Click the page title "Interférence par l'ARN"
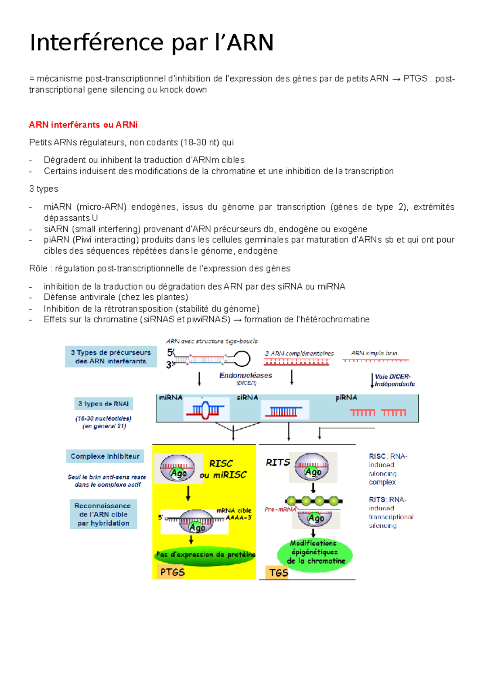pyautogui.click(x=152, y=43)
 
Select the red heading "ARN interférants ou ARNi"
pyautogui.click(x=83, y=125)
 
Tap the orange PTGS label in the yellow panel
pyautogui.click(x=172, y=572)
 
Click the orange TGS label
pyautogui.click(x=279, y=572)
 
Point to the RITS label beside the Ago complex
pyautogui.click(x=277, y=462)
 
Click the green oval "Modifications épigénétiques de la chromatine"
pyautogui.click(x=315, y=553)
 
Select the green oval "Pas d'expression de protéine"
pyautogui.click(x=205, y=555)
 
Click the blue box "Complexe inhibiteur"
pyautogui.click(x=105, y=456)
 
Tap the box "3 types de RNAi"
pyautogui.click(x=103, y=404)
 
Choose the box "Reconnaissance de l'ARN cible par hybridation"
pyautogui.click(x=103, y=514)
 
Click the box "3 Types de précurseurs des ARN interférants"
pyautogui.click(x=111, y=357)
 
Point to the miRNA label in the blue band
pyautogui.click(x=171, y=397)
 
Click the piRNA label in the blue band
pyautogui.click(x=346, y=398)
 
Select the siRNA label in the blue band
pyautogui.click(x=247, y=397)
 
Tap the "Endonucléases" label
pyautogui.click(x=246, y=376)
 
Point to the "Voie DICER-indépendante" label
pyautogui.click(x=394, y=380)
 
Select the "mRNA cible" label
pyautogui.click(x=234, y=510)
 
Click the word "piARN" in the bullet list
pyautogui.click(x=56, y=240)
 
